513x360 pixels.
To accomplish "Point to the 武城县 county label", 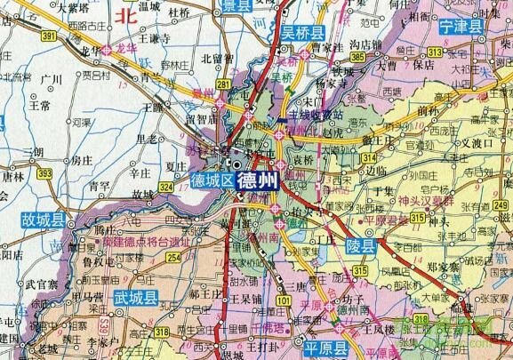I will [x=135, y=298].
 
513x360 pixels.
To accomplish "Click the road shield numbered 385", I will [x=358, y=58].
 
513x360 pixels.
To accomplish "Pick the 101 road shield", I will [x=282, y=301].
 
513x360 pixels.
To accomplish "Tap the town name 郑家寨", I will [x=446, y=266].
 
